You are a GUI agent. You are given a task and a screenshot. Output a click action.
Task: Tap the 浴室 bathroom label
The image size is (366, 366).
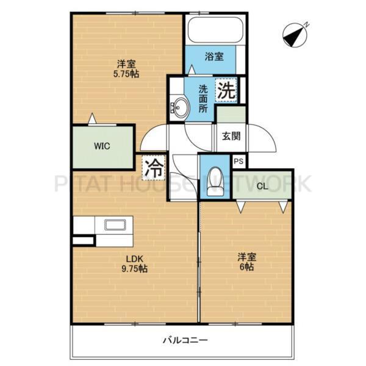click(x=213, y=57)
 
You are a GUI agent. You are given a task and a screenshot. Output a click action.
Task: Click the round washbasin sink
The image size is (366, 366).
click(x=181, y=108)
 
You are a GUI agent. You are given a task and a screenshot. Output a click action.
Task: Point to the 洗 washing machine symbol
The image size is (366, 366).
click(x=226, y=92)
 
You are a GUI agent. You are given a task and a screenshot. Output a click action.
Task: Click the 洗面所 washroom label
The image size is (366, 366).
click(x=203, y=97)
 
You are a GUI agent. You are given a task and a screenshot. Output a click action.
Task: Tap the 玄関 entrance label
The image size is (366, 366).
click(x=231, y=135)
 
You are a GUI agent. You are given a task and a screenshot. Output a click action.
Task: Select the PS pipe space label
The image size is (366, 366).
click(x=239, y=162)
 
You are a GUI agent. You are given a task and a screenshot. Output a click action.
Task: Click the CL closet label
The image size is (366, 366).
click(x=263, y=186)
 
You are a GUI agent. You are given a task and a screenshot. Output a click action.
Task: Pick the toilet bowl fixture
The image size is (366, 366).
click(x=215, y=179)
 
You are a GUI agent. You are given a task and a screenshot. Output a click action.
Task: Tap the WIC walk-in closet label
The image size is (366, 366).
click(x=102, y=146)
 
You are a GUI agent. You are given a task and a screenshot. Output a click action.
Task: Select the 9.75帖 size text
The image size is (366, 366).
click(x=135, y=268)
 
